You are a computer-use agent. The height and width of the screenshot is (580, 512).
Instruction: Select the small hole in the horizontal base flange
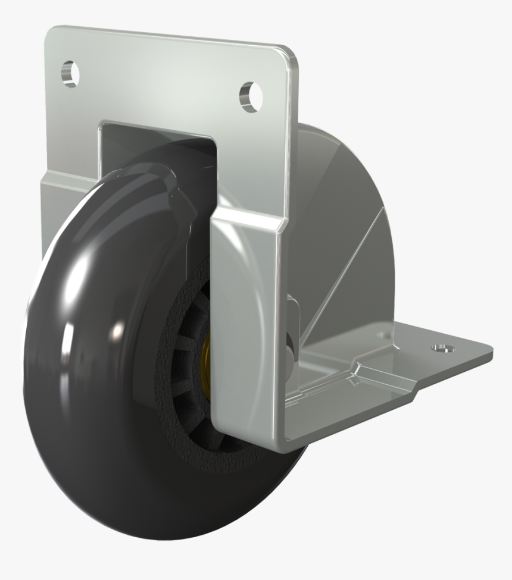(x=441, y=346)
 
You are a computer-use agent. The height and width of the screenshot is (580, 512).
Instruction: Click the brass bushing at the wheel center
(x=207, y=357)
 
